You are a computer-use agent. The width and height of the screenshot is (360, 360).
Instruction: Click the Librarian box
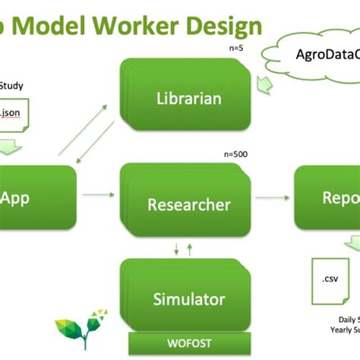click(x=188, y=98)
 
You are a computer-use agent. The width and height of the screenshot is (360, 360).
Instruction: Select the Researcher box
click(x=188, y=204)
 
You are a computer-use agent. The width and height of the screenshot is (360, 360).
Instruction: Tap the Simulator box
click(x=188, y=298)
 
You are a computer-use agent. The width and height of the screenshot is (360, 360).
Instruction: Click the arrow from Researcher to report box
click(x=273, y=197)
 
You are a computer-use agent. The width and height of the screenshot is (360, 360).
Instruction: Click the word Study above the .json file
click(x=11, y=85)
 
